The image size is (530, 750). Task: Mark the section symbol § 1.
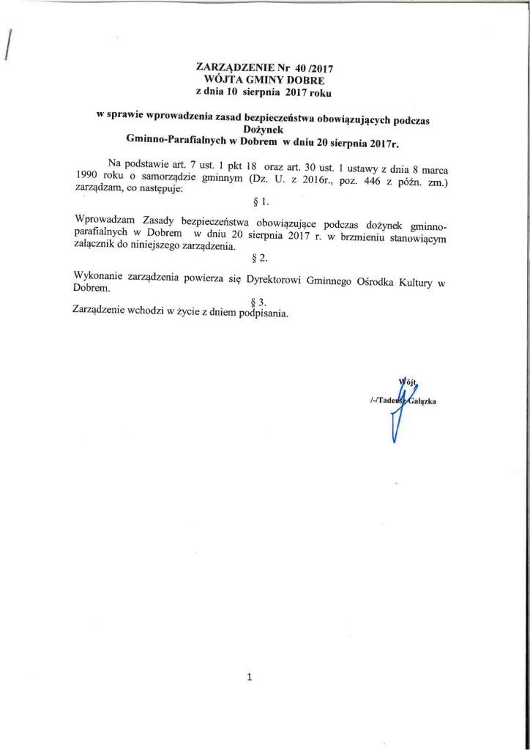(x=261, y=200)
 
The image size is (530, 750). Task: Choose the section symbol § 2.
(x=261, y=258)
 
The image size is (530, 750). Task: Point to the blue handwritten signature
(x=400, y=410)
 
